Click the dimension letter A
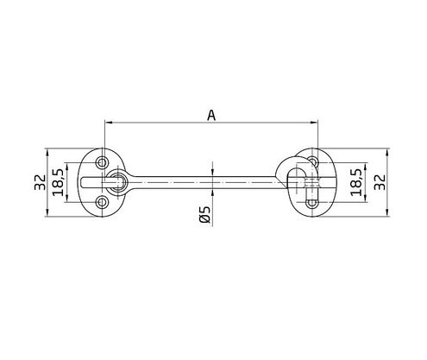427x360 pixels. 211,114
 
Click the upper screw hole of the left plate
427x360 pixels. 103,161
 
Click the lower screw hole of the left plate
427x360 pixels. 103,202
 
